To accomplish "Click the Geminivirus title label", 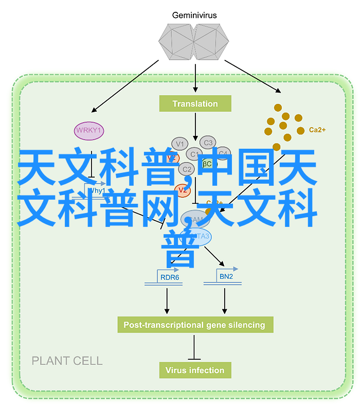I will [x=195, y=15].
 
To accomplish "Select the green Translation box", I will [x=195, y=104].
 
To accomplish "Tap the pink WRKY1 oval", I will [x=89, y=131].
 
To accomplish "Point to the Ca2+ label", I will [x=317, y=130].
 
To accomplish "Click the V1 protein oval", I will [x=179, y=144].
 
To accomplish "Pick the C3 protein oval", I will [x=208, y=143].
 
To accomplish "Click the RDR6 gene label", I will [x=169, y=277].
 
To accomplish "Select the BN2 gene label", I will [x=226, y=277].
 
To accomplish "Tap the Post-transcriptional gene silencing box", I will [x=194, y=325].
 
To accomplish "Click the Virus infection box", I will [x=195, y=370].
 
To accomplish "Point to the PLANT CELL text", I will [x=67, y=361].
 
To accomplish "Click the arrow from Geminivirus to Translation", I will [x=195, y=77].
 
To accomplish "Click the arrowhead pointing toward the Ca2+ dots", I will [x=278, y=91].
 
